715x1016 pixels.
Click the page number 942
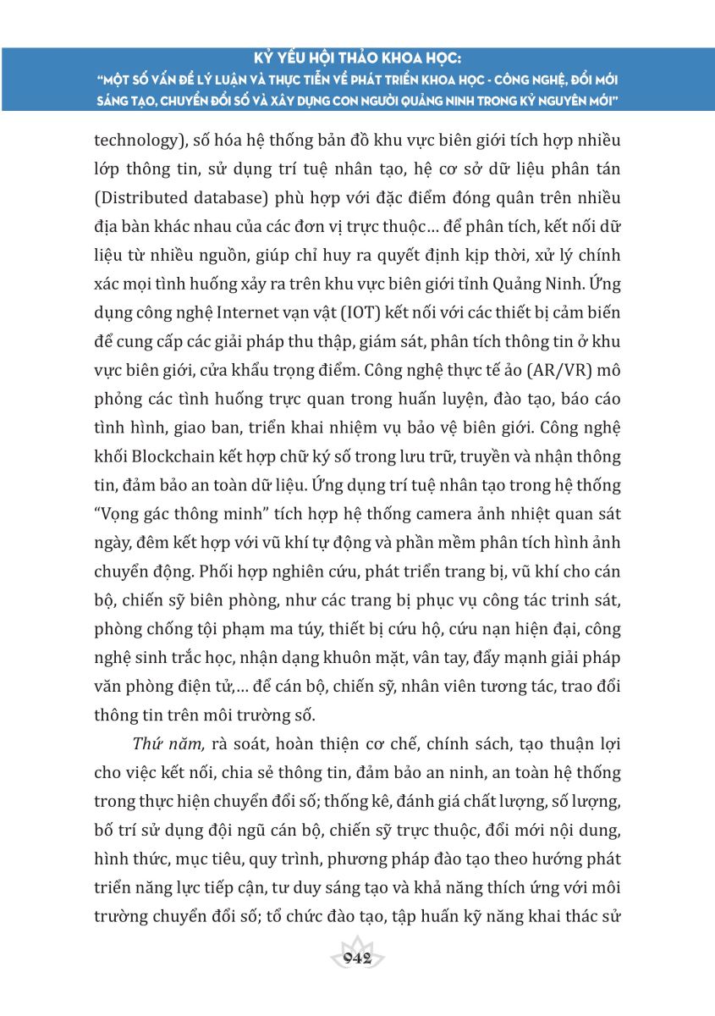coord(357,958)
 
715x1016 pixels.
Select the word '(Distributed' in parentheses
coord(140,198)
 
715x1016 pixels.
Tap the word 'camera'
coord(435,516)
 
